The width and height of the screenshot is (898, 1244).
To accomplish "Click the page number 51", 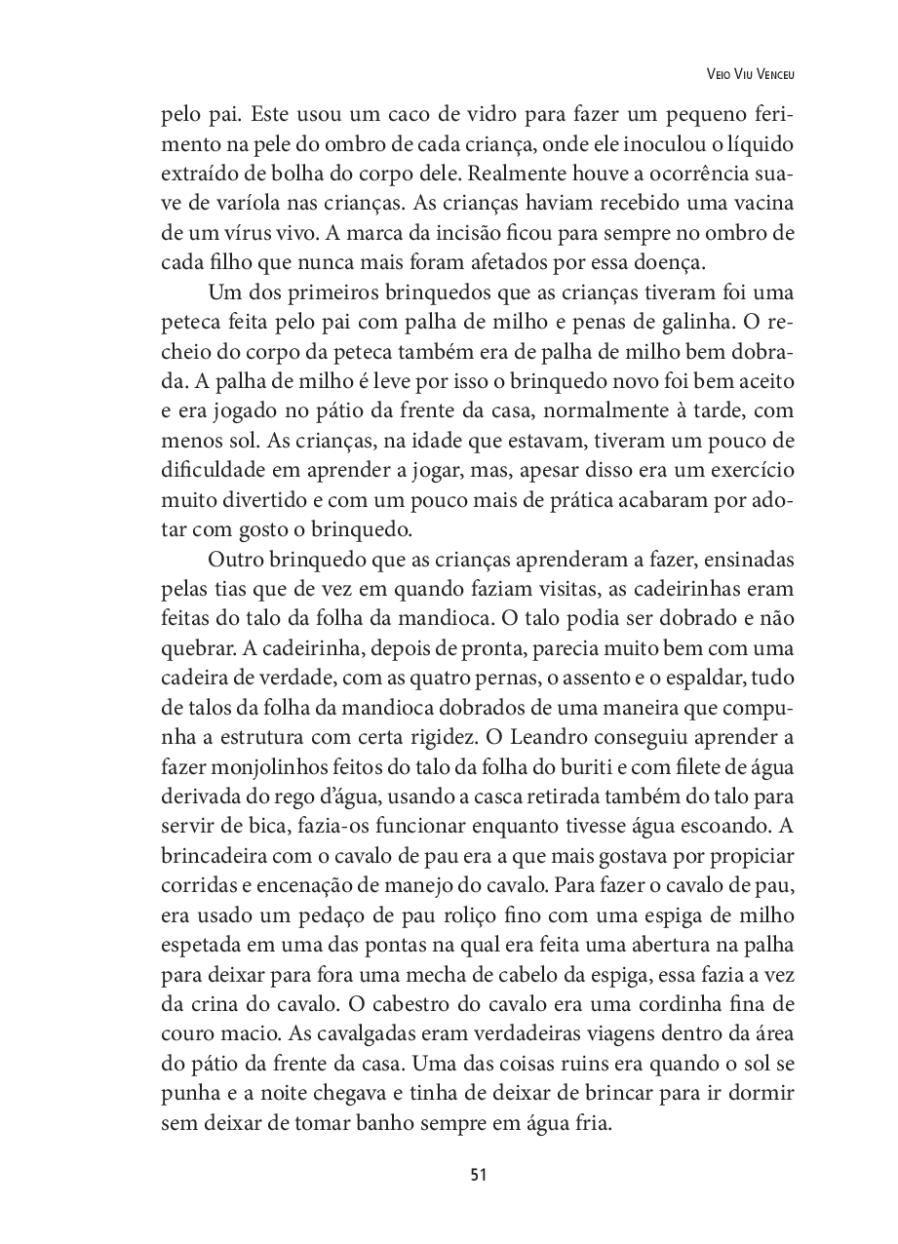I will point(478,1174).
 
